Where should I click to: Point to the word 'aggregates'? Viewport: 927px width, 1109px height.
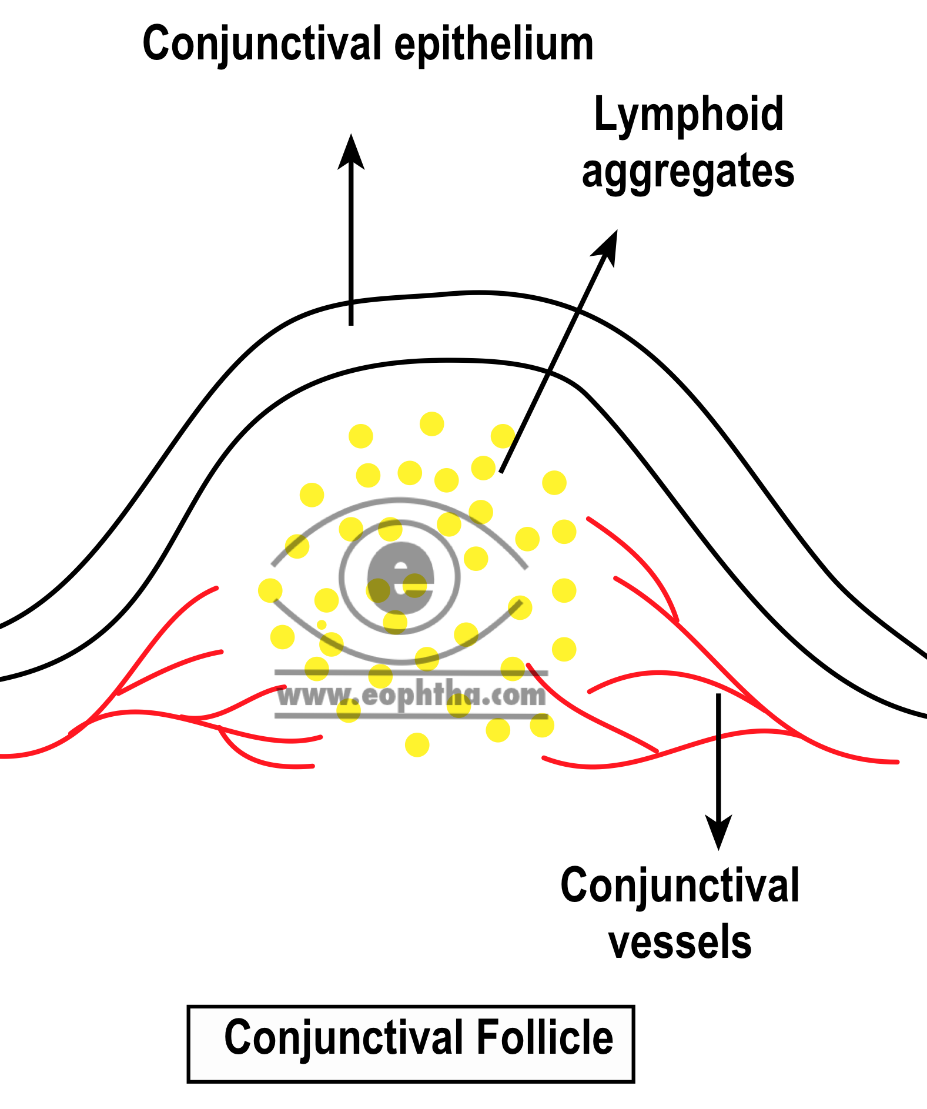688,172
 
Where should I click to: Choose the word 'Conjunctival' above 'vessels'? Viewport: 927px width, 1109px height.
680,886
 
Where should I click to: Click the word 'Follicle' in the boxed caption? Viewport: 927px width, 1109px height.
544,1038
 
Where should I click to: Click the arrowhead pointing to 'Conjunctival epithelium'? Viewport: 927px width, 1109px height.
351,152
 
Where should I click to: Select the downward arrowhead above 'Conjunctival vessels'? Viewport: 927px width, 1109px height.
718,833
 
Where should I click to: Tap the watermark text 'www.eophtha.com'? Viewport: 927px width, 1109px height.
411,696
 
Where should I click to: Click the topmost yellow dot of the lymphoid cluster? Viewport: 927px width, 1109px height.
431,424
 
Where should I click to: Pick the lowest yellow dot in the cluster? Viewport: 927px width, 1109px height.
417,745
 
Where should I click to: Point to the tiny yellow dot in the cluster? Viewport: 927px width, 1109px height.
322,624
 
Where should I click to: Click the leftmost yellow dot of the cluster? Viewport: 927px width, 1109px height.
270,590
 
